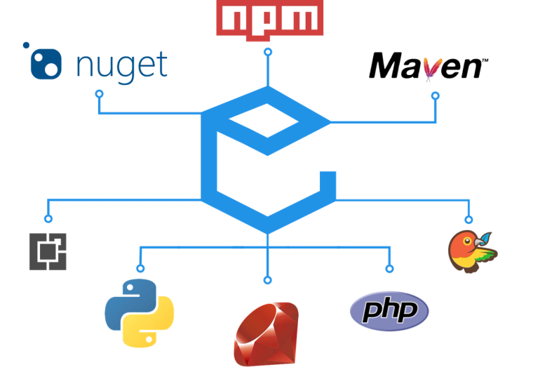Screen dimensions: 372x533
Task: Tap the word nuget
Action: (x=121, y=65)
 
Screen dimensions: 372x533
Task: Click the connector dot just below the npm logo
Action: (x=266, y=51)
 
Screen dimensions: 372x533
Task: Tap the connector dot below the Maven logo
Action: (x=434, y=93)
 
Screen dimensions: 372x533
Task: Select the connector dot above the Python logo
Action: (x=140, y=268)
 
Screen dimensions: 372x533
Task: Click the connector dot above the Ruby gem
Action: (x=266, y=280)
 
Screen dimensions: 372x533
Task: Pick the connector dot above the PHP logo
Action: (x=389, y=268)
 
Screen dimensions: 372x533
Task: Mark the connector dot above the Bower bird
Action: (x=469, y=218)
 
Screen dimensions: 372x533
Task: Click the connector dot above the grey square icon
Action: (x=48, y=218)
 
